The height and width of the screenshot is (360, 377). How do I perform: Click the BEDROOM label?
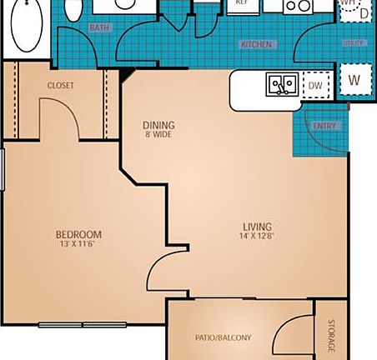coord(78,234)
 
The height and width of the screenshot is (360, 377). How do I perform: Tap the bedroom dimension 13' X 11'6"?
coord(78,244)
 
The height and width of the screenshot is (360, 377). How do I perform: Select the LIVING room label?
coord(257,227)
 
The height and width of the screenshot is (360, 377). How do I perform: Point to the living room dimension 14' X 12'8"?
coord(257,237)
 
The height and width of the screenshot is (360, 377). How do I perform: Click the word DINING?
coord(158,126)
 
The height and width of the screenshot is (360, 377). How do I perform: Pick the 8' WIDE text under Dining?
coord(158,135)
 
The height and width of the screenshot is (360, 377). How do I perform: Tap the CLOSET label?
coord(61,85)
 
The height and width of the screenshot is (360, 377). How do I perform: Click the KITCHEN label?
coord(256,44)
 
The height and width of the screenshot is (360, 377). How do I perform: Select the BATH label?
coord(99,29)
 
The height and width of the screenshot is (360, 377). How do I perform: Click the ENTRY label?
coord(323,126)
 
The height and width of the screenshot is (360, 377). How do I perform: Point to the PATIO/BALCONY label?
coord(223,337)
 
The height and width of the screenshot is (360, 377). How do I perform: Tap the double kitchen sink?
coord(281,84)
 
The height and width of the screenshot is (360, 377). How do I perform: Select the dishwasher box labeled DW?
coord(315,84)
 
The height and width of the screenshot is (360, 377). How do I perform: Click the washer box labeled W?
coord(354,81)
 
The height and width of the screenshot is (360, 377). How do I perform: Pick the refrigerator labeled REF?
coord(242,5)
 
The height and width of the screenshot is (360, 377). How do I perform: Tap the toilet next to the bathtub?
coord(73,10)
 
